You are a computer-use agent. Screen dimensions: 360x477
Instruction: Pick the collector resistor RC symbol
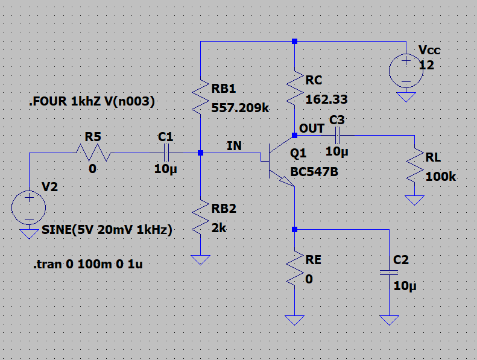pos(294,88)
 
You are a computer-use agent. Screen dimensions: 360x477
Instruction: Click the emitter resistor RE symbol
pos(294,270)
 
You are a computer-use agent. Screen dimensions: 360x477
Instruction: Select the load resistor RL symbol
pos(414,167)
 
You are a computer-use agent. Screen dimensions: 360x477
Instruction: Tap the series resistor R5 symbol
pos(92,153)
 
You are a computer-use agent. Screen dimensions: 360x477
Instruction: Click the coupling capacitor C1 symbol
pos(166,153)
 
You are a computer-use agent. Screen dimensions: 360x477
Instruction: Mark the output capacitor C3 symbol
pos(337,136)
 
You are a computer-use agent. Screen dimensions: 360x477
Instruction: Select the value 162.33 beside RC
pos(326,99)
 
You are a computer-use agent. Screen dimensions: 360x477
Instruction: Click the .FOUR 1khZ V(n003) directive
pos(92,103)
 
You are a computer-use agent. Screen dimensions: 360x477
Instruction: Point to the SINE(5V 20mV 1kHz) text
pos(107,230)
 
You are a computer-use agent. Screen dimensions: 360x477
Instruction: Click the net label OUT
pos(312,128)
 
